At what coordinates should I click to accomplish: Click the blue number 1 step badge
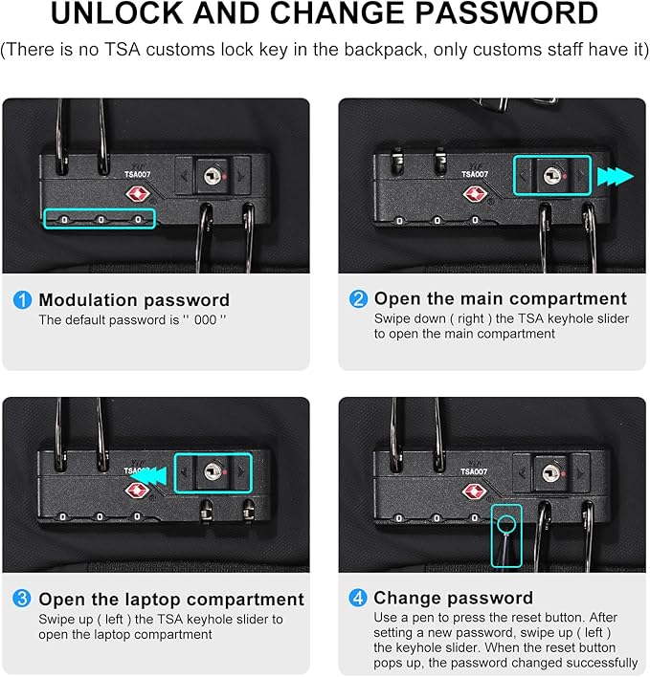pos(22,299)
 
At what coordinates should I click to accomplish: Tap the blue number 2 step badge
pos(358,298)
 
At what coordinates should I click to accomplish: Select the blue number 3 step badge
pos(22,599)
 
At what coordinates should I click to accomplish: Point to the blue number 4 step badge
pos(358,599)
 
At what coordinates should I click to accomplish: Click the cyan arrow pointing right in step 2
pos(616,177)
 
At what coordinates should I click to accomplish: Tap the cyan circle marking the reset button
pos(506,525)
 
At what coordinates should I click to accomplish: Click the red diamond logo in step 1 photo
pos(138,194)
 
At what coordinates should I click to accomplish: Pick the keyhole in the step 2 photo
pos(552,175)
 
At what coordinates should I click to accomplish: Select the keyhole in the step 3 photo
pos(213,471)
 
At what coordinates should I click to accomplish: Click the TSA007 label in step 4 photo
pos(473,472)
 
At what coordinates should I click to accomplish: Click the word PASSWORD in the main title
pos(507,13)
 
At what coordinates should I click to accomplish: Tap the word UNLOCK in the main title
pos(118,13)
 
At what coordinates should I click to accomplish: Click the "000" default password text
pos(205,320)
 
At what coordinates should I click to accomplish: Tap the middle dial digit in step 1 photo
pos(101,220)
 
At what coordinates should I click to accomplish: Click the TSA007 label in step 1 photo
pos(138,174)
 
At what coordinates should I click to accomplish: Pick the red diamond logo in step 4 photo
pos(474,491)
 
